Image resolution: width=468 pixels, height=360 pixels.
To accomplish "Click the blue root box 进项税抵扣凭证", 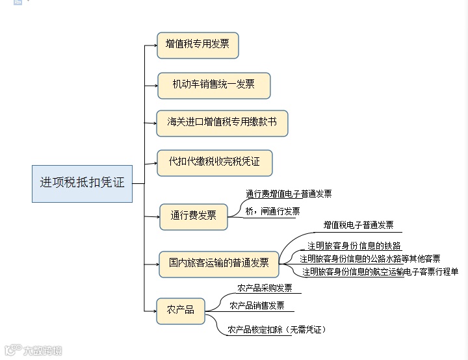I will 82,183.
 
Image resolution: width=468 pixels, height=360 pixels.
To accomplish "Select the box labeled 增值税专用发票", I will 197,45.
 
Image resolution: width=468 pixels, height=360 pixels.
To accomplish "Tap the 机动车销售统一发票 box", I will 213,85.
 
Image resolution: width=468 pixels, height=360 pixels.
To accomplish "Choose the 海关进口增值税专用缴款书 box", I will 222,122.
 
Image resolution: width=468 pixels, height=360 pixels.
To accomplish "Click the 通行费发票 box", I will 194,216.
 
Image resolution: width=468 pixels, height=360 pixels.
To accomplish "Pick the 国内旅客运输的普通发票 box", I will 219,263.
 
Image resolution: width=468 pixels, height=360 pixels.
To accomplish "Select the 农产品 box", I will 181,310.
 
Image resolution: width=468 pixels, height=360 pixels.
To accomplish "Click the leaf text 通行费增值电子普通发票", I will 289,194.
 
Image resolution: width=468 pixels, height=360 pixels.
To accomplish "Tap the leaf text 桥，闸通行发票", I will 272,211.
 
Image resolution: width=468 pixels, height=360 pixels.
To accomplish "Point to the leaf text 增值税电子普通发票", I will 358,225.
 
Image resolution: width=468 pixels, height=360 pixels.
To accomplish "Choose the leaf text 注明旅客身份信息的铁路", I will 354,246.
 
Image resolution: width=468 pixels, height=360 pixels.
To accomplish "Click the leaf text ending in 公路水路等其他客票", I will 370,259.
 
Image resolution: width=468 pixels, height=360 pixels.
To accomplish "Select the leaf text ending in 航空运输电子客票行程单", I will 380,272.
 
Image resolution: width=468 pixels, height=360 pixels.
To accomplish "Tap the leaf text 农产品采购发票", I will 265,288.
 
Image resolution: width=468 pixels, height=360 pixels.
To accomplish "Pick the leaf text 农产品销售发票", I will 257,305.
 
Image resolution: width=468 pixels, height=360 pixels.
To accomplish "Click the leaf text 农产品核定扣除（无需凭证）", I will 276,330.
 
